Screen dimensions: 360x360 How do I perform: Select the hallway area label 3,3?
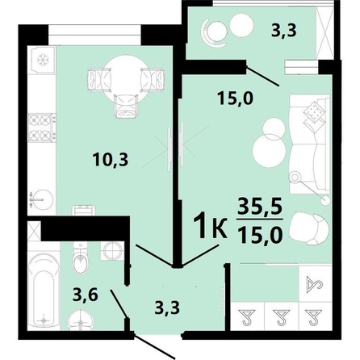click(169, 307)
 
